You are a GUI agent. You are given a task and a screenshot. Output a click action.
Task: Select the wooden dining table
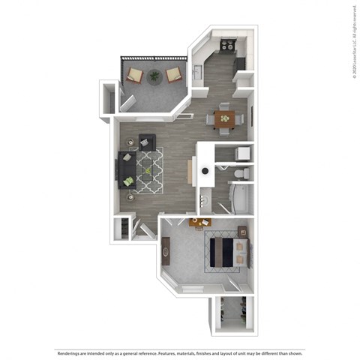pyautogui.click(x=224, y=118)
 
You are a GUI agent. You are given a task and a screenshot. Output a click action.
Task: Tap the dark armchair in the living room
pyautogui.click(x=145, y=140)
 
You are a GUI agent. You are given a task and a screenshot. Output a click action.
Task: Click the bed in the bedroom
pyautogui.click(x=224, y=249)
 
